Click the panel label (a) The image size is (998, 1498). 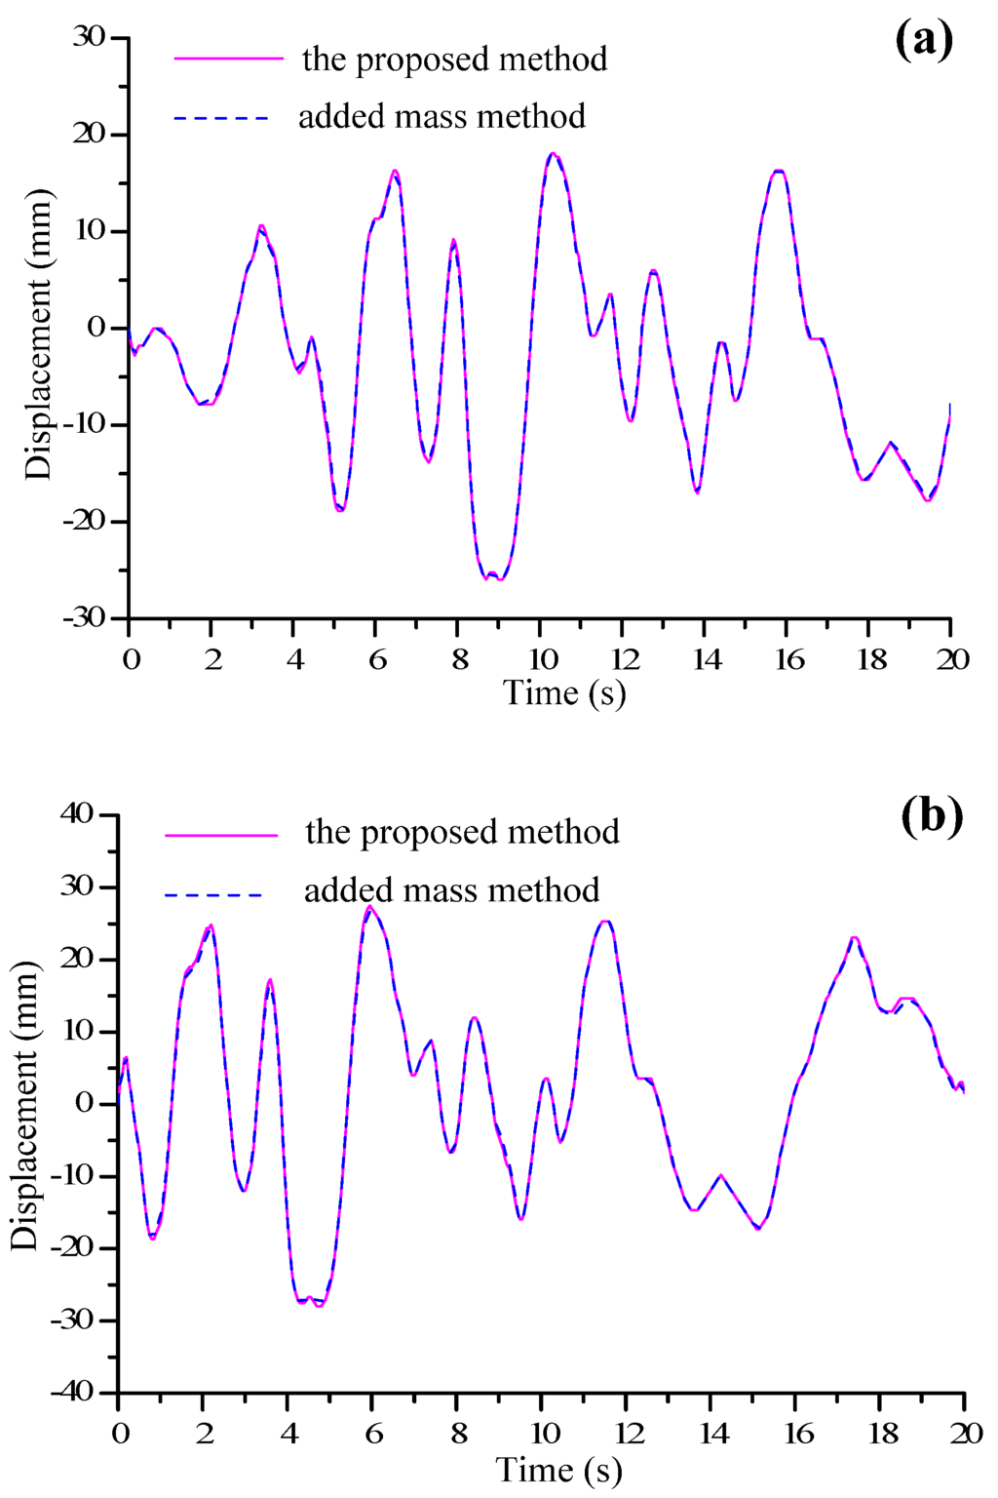923,41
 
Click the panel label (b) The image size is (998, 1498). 932,815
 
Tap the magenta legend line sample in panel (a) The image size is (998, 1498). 229,59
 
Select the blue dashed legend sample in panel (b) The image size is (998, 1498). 213,894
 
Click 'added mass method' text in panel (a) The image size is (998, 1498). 441,117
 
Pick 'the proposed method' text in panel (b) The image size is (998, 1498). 462,832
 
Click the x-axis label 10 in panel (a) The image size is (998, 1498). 543,660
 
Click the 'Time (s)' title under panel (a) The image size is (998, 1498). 563,693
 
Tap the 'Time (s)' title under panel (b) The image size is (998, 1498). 558,1470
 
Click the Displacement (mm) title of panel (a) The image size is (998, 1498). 38,334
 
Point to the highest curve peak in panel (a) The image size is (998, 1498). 553,153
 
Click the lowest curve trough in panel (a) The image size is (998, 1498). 500,579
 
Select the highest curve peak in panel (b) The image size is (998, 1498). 369,906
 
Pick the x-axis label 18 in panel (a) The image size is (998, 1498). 872,660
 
